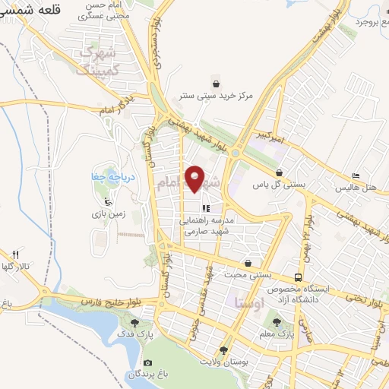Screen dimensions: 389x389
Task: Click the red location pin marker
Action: click(x=195, y=179)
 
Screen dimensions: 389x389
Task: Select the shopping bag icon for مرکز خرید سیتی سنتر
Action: click(x=217, y=83)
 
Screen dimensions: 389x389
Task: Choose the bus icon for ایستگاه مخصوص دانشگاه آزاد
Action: click(x=299, y=278)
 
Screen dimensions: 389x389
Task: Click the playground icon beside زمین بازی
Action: click(x=108, y=202)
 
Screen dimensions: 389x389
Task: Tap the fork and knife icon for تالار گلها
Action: click(x=15, y=255)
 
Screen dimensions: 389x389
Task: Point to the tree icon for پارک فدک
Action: click(x=135, y=323)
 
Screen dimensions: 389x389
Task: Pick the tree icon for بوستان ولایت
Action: click(x=223, y=350)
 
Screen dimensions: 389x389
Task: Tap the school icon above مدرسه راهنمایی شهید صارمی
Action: click(x=205, y=207)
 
